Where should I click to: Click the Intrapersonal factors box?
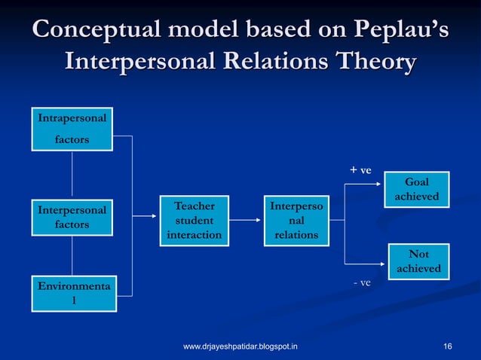click(x=72, y=129)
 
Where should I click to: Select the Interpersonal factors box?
click(x=72, y=216)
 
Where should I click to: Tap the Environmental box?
click(x=72, y=294)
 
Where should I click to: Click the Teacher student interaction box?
click(x=194, y=220)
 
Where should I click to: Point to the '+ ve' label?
click(x=360, y=169)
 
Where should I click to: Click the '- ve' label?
click(x=363, y=282)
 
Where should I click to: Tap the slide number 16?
click(x=449, y=346)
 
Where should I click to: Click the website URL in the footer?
click(x=240, y=346)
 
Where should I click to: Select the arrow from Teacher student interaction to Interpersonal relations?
click(x=244, y=220)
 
